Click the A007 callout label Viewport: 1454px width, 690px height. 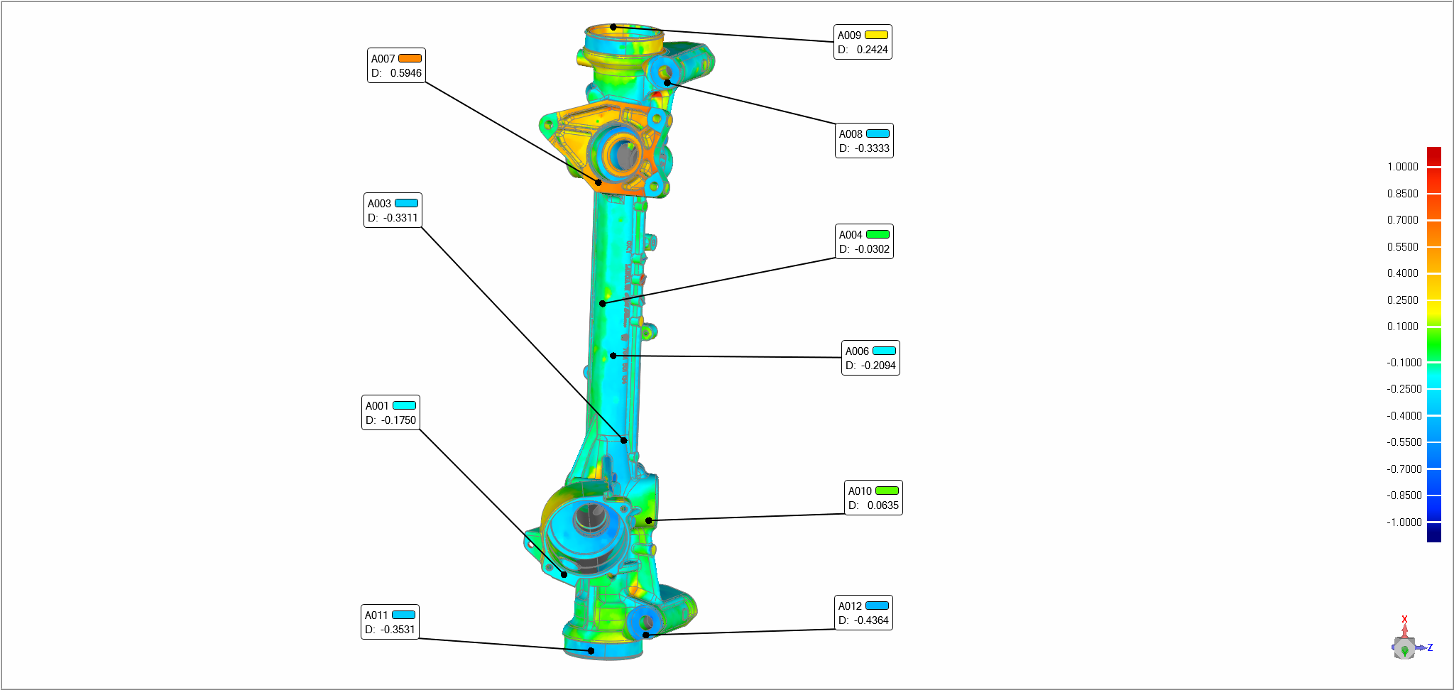[x=383, y=59]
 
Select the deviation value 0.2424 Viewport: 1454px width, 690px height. [x=872, y=50]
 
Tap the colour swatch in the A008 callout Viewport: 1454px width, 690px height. [x=878, y=133]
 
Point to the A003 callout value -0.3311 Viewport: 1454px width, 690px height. [x=400, y=218]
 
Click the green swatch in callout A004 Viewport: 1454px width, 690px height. [x=878, y=234]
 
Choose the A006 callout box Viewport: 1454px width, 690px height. [x=870, y=358]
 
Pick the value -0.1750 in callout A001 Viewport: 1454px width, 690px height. [x=398, y=420]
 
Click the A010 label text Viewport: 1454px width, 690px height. [x=860, y=491]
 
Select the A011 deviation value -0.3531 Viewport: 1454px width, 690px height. [x=398, y=630]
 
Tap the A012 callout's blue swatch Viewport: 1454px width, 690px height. [x=877, y=606]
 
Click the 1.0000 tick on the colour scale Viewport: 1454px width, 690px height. [x=1402, y=167]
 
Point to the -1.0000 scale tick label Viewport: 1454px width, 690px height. [x=1404, y=522]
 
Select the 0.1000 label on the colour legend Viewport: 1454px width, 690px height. [x=1402, y=327]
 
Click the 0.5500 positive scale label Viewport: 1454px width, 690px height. [x=1402, y=247]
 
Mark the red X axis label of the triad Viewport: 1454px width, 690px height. [x=1404, y=619]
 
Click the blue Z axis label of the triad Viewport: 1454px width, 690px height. [x=1430, y=647]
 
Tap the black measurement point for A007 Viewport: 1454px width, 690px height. [x=598, y=182]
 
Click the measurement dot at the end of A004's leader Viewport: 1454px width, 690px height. [x=602, y=304]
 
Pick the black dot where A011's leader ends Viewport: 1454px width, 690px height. [x=591, y=650]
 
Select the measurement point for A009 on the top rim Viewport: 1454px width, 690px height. [x=613, y=27]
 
